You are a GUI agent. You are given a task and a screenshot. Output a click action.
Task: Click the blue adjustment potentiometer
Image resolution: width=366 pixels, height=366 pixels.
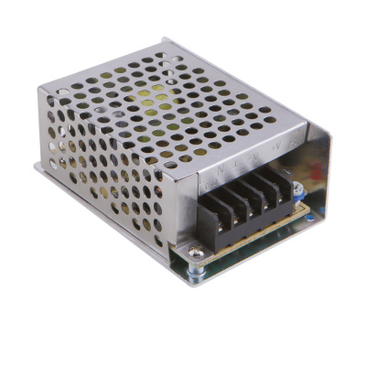[x=298, y=191]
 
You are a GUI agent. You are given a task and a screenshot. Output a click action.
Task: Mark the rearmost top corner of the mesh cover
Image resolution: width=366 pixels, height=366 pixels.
[x=165, y=39]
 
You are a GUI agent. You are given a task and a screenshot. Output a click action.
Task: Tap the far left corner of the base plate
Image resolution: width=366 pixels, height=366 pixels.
[x=37, y=167]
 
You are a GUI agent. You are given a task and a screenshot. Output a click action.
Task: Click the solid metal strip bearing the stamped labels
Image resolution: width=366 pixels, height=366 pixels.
[x=247, y=160]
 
